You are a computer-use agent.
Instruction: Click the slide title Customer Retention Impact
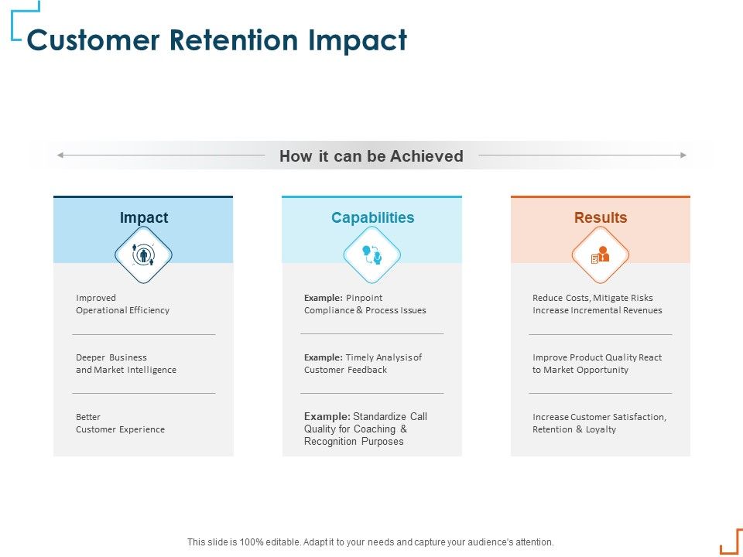pyautogui.click(x=217, y=40)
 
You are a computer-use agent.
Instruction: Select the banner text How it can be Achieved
pyautogui.click(x=371, y=156)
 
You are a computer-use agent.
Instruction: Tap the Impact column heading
pyautogui.click(x=143, y=218)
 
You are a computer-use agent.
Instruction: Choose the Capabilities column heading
pyautogui.click(x=372, y=218)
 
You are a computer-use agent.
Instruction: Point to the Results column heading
pyautogui.click(x=601, y=218)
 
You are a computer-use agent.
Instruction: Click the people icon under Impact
pyautogui.click(x=143, y=255)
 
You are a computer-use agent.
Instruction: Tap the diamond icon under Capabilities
pyautogui.click(x=372, y=255)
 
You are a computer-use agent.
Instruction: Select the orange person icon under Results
pyautogui.click(x=601, y=255)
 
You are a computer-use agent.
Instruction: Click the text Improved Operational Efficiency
pyautogui.click(x=122, y=304)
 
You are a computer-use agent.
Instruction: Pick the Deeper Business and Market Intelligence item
pyautogui.click(x=126, y=364)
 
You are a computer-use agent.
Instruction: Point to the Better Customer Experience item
pyautogui.click(x=120, y=423)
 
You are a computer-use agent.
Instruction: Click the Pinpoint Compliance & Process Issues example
pyautogui.click(x=365, y=304)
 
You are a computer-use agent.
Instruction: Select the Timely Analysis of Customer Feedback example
pyautogui.click(x=363, y=364)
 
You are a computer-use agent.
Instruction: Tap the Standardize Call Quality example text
pyautogui.click(x=365, y=429)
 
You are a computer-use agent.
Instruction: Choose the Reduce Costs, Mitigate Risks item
pyautogui.click(x=597, y=304)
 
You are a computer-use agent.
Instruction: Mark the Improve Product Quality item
pyautogui.click(x=597, y=364)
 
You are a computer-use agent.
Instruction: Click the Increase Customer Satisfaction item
pyautogui.click(x=599, y=423)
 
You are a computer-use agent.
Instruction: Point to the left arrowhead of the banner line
pyautogui.click(x=60, y=155)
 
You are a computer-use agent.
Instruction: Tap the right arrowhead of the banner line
pyautogui.click(x=683, y=155)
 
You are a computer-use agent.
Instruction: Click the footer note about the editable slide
pyautogui.click(x=371, y=542)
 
